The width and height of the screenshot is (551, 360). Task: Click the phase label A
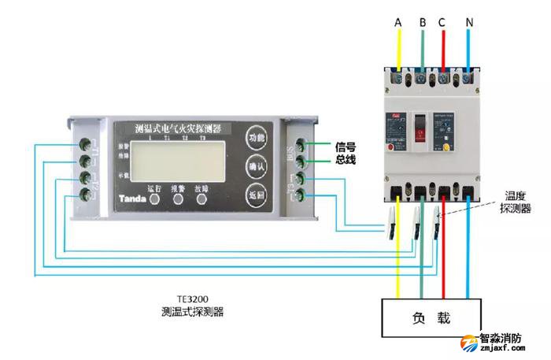(x=398, y=24)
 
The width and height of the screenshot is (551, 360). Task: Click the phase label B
(x=423, y=24)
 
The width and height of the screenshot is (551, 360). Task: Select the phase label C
(x=444, y=24)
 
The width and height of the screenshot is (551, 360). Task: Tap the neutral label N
(x=469, y=24)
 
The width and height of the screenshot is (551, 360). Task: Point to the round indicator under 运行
(x=154, y=200)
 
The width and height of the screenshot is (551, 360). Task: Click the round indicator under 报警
(x=179, y=200)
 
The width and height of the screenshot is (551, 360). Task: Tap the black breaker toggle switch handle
(x=422, y=126)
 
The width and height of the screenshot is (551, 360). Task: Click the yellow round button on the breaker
(x=447, y=146)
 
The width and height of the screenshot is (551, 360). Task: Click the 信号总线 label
(x=346, y=152)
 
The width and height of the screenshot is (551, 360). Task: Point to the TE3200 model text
(x=192, y=299)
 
